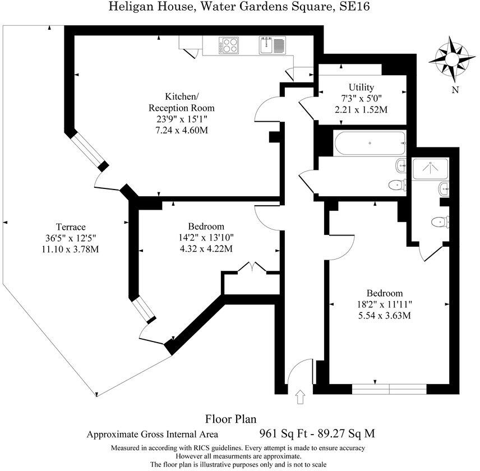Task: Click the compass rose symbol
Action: coord(453,58)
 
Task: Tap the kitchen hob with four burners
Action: coord(230,44)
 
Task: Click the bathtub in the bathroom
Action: coord(369,143)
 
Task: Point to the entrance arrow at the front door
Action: coord(299,397)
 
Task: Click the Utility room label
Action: coord(361,87)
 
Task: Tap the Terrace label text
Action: coord(67,227)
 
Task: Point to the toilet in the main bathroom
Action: coord(398,184)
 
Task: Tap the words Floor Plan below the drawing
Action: coord(230,418)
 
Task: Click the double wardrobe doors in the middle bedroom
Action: coord(252,268)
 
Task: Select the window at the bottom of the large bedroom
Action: coord(389,388)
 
